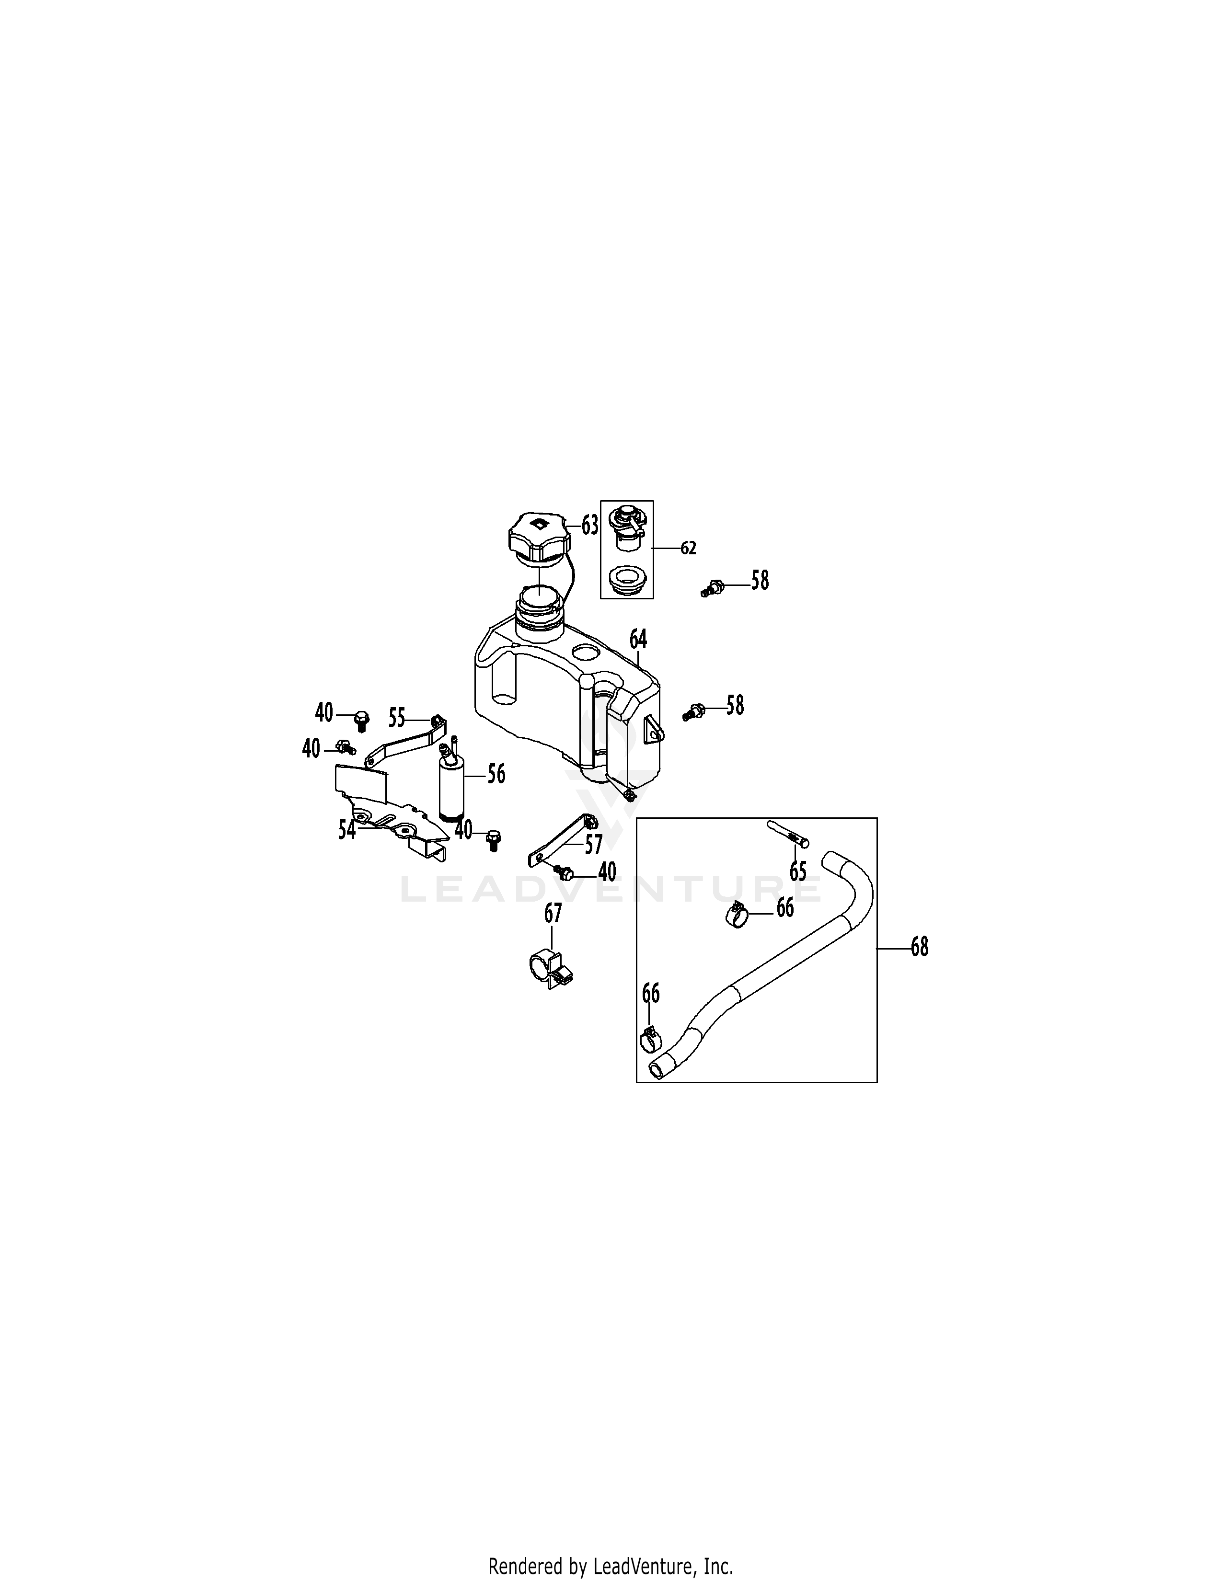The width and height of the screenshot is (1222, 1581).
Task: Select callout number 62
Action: pos(688,548)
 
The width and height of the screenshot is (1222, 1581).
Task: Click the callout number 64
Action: pos(638,639)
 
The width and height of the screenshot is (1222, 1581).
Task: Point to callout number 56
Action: pos(496,774)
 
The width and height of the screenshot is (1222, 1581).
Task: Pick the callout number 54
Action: pos(347,830)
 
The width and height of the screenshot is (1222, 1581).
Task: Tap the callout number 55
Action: pos(397,718)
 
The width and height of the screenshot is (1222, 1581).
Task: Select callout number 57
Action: pos(594,844)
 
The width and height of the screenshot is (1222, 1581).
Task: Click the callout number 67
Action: pos(553,914)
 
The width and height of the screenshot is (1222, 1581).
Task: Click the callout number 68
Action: pos(920,946)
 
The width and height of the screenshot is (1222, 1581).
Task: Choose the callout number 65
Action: pos(798,871)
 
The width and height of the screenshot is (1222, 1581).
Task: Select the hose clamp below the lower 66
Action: pos(650,1040)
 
